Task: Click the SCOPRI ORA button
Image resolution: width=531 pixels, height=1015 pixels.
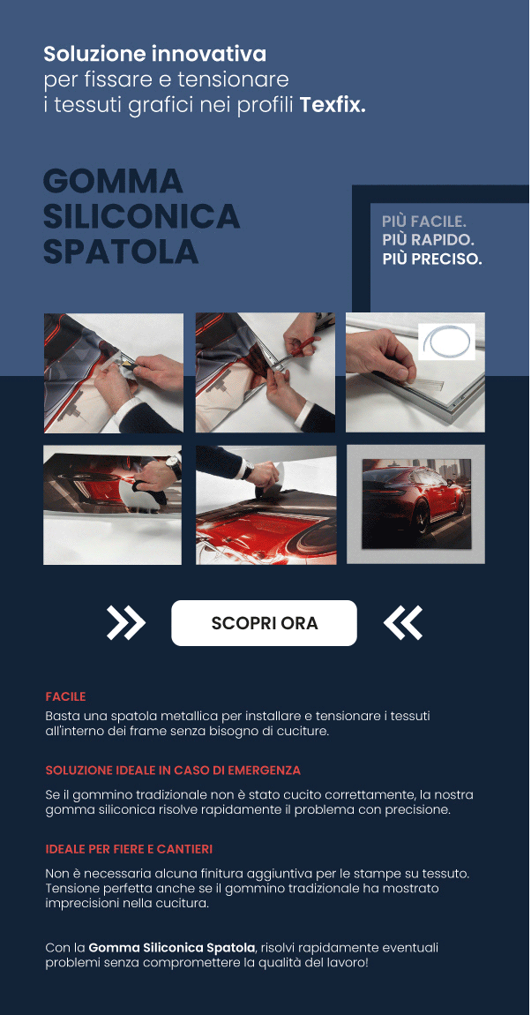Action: pyautogui.click(x=264, y=623)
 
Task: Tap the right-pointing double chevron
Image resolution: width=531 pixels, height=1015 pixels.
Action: pyautogui.click(x=126, y=623)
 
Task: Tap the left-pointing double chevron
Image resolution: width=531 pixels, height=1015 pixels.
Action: pyautogui.click(x=402, y=623)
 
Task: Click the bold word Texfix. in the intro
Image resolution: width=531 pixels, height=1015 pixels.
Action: pyautogui.click(x=333, y=105)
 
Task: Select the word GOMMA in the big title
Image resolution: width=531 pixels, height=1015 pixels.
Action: pyautogui.click(x=113, y=181)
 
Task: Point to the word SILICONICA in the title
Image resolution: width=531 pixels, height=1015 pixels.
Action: pyautogui.click(x=142, y=216)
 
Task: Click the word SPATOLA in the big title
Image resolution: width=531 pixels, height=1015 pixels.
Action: pyautogui.click(x=121, y=252)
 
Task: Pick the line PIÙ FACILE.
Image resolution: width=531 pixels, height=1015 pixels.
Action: pyautogui.click(x=424, y=222)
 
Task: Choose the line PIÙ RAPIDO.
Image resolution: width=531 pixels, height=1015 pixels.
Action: pyautogui.click(x=428, y=241)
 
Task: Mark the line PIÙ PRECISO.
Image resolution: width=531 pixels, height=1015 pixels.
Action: pyautogui.click(x=432, y=260)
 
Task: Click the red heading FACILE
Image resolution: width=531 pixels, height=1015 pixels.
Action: pyautogui.click(x=65, y=696)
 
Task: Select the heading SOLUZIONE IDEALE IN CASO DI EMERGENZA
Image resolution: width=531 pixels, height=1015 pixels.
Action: pyautogui.click(x=173, y=771)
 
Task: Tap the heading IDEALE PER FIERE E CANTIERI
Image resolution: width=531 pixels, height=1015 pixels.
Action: pyautogui.click(x=129, y=849)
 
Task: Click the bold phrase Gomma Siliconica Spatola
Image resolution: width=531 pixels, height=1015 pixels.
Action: pyautogui.click(x=172, y=948)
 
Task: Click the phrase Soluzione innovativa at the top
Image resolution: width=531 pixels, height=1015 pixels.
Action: pyautogui.click(x=154, y=54)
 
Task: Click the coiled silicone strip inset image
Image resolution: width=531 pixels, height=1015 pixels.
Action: pyautogui.click(x=446, y=342)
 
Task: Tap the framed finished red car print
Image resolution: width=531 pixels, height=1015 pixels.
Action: pyautogui.click(x=416, y=504)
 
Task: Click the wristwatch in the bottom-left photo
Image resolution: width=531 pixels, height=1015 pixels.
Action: pyautogui.click(x=174, y=466)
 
